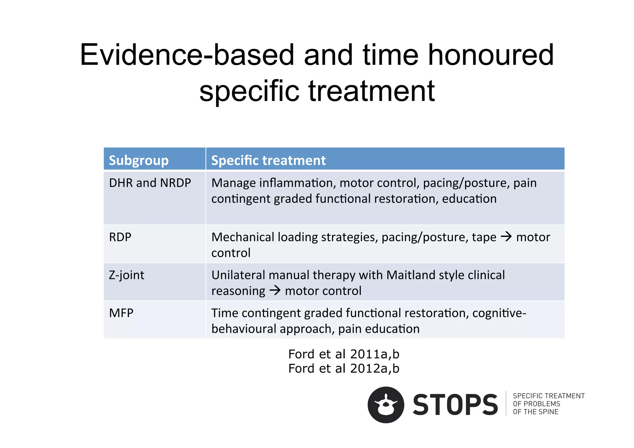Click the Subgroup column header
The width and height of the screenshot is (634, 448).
tap(139, 160)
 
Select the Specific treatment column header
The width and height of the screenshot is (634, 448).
tap(268, 160)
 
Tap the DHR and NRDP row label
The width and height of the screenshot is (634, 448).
tap(150, 183)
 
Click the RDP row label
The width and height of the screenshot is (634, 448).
tap(120, 237)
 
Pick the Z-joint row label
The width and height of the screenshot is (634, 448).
tap(127, 275)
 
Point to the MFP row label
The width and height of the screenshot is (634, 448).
tap(121, 313)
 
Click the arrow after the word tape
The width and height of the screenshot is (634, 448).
tap(506, 237)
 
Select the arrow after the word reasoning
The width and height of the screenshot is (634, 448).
tap(275, 291)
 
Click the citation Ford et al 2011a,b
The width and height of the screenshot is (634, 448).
tap(344, 354)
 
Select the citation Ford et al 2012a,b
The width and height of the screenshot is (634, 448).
tap(344, 368)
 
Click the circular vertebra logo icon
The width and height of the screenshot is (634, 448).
tap(386, 405)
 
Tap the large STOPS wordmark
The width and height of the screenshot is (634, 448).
tap(455, 405)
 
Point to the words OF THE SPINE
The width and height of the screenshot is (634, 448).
tap(536, 412)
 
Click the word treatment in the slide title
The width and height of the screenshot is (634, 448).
tap(371, 91)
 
